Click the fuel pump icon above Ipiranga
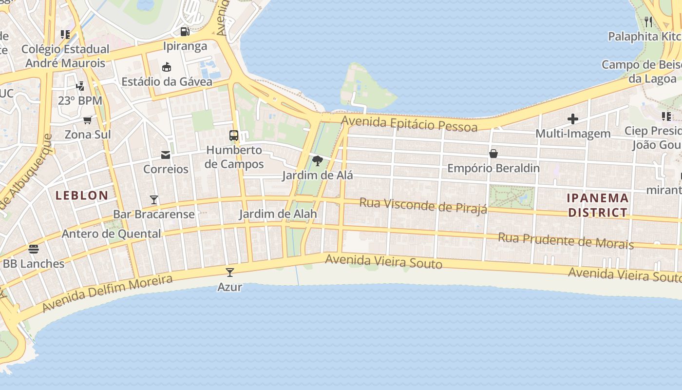click(x=185, y=32)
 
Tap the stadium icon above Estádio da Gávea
click(x=167, y=67)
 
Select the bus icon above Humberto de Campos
click(x=234, y=136)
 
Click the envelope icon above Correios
click(x=166, y=155)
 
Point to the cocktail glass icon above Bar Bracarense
click(x=154, y=199)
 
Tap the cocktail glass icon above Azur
click(x=230, y=273)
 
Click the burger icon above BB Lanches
click(x=34, y=249)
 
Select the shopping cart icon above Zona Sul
click(x=88, y=120)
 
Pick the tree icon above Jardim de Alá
click(x=318, y=160)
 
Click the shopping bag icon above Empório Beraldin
click(x=493, y=154)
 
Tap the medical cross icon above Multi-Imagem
click(x=573, y=118)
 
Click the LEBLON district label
click(x=82, y=195)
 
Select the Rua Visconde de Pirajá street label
click(x=423, y=206)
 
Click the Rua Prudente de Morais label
click(x=566, y=241)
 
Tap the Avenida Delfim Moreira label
click(x=107, y=293)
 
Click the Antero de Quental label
click(x=111, y=234)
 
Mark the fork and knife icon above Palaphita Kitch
click(x=648, y=22)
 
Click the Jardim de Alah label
click(x=278, y=214)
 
